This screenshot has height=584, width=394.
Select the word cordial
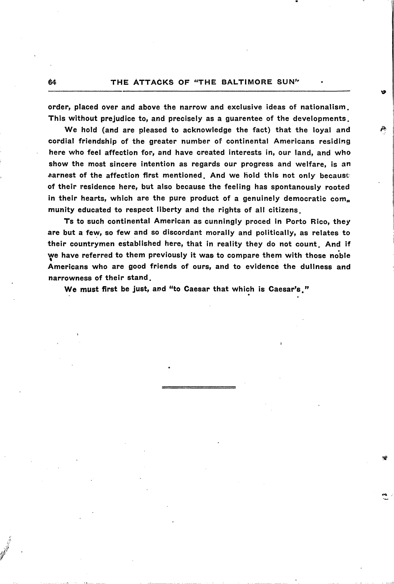60,141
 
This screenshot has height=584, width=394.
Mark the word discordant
182,233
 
